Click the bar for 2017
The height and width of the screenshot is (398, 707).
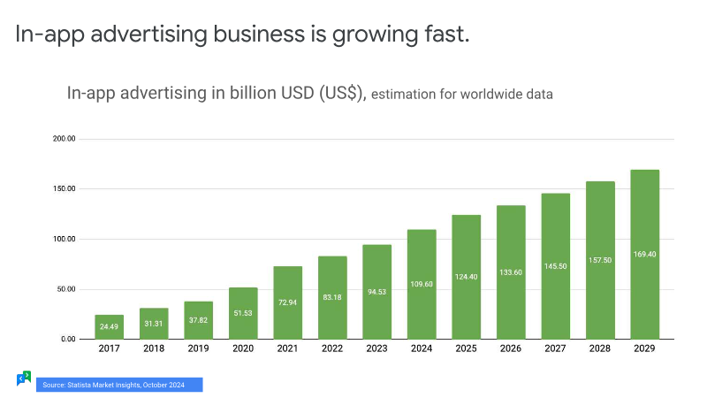click(110, 326)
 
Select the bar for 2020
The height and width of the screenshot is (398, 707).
click(243, 313)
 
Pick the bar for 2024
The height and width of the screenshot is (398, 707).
click(422, 284)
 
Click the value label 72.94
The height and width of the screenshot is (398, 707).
click(287, 302)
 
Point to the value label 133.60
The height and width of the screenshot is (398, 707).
click(511, 272)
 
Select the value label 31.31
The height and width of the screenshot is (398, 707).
click(154, 323)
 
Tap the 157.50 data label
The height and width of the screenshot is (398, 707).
click(600, 261)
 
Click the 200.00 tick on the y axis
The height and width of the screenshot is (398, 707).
click(65, 140)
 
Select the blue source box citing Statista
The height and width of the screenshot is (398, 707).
click(119, 385)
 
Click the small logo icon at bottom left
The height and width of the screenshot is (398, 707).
click(24, 379)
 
